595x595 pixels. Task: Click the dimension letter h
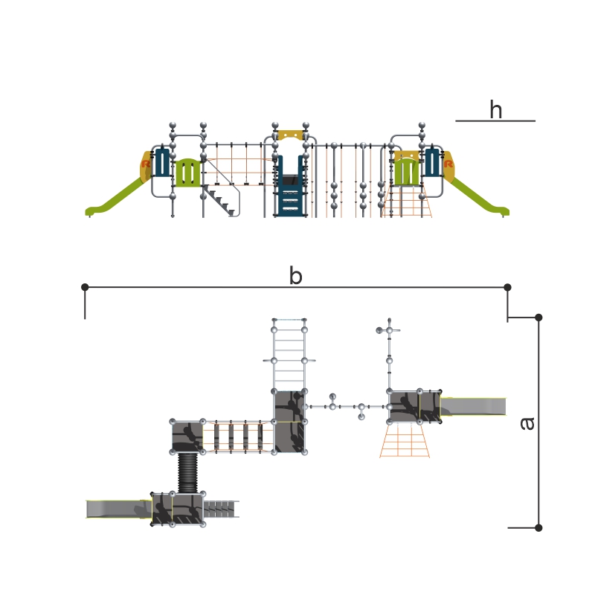coord(496,109)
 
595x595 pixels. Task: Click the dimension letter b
coord(295,275)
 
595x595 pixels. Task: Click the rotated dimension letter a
coord(527,423)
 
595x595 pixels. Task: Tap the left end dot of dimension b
coord(85,287)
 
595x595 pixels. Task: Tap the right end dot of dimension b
coord(507,287)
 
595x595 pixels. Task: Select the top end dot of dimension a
coord(538,318)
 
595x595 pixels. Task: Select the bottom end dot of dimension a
coord(538,527)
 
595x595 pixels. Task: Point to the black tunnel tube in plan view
coord(188,472)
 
